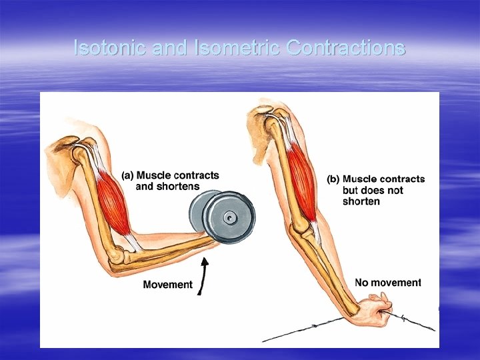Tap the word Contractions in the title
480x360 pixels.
click(345, 48)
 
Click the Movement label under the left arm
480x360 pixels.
click(167, 285)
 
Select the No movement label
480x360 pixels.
click(388, 283)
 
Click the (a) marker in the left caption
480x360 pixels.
click(128, 175)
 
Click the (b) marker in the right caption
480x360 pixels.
click(333, 179)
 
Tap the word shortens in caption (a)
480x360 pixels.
click(177, 187)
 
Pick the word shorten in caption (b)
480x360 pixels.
click(361, 201)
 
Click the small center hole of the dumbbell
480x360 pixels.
click(229, 217)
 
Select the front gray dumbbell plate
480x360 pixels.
click(230, 217)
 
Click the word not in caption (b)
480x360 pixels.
click(395, 190)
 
